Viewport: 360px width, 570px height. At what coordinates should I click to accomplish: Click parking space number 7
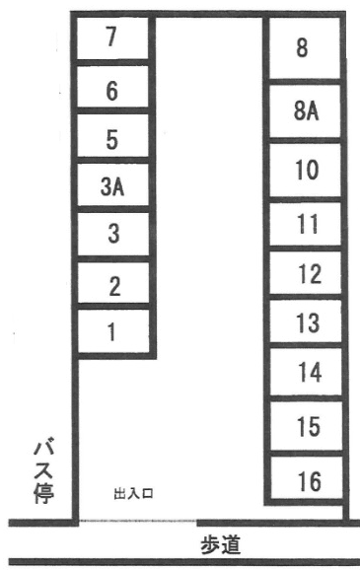pos(112,38)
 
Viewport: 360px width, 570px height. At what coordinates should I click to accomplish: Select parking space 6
pos(112,87)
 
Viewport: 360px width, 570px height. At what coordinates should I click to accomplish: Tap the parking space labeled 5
pos(112,135)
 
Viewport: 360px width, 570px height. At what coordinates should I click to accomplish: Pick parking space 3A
pos(112,184)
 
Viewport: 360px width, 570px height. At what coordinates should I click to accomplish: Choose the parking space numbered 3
pos(113,234)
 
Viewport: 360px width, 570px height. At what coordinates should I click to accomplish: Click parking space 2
pos(113,282)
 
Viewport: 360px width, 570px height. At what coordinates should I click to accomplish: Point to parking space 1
pos(113,330)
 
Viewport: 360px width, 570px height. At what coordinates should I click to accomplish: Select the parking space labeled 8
pos(305,48)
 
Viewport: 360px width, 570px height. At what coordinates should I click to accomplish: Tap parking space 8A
pos(305,110)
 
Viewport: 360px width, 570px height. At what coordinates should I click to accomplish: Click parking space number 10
pos(305,170)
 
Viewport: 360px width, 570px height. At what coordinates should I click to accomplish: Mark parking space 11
pos(306,224)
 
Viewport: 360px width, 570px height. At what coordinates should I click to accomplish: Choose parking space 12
pos(306,272)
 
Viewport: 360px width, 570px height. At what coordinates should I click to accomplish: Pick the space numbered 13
pos(306,321)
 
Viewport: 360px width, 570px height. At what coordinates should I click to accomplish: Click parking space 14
pos(306,372)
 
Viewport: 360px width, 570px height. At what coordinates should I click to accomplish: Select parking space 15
pos(307,426)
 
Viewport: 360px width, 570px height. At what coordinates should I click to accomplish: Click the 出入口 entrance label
pos(133,494)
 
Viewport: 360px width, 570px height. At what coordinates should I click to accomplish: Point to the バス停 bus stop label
pos(44,473)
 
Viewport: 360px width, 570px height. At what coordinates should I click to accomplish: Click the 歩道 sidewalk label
pos(220,545)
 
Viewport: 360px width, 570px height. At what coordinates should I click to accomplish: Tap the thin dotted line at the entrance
pos(138,521)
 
